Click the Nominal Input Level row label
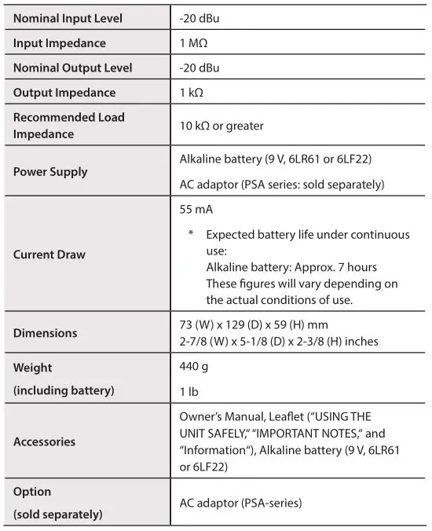(x=68, y=18)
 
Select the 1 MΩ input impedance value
(x=194, y=43)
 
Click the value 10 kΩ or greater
(x=221, y=125)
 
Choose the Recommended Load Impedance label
(x=68, y=125)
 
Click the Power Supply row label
(x=50, y=171)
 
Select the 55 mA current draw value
(x=196, y=211)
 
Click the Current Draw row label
(x=49, y=255)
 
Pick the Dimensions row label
(x=45, y=332)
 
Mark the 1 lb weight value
(x=189, y=390)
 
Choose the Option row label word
(x=32, y=491)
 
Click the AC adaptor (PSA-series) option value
(x=240, y=503)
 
